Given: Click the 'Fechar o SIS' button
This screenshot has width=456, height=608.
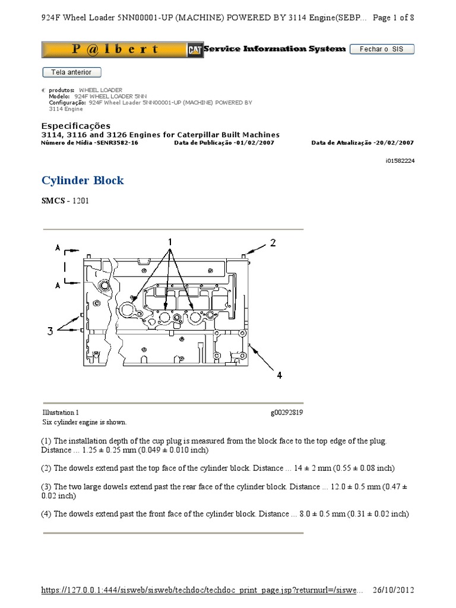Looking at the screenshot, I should [381, 49].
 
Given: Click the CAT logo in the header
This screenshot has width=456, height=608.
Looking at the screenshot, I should [194, 50].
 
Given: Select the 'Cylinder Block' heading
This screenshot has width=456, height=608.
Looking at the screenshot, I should [83, 180].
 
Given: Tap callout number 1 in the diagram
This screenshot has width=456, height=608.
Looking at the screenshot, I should [170, 242].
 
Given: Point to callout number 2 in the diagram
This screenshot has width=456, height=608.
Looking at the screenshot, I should [273, 242].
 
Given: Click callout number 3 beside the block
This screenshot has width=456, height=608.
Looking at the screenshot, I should [50, 331].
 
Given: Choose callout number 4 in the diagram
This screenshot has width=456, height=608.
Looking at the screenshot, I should [278, 375].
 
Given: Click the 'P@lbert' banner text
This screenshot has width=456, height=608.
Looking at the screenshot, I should [115, 50].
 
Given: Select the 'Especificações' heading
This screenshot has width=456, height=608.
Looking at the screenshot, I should [75, 126].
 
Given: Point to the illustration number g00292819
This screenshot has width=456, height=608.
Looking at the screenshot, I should [287, 413].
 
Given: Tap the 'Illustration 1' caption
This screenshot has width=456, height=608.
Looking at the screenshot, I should [60, 413].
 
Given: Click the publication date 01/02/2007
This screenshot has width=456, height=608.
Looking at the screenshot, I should [255, 143].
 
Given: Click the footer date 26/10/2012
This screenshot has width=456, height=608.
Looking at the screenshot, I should [393, 590].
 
